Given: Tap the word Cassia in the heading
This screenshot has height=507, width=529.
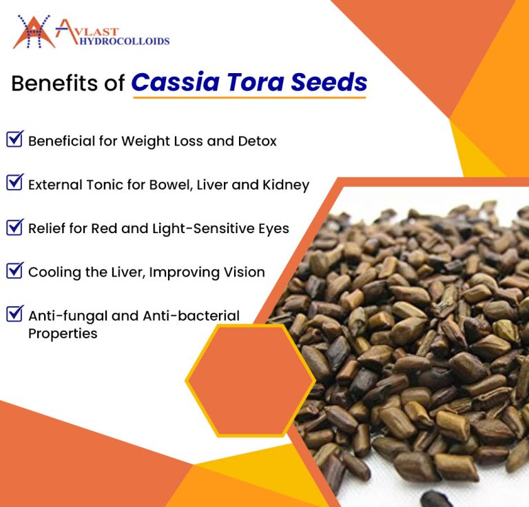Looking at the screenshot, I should click(173, 82).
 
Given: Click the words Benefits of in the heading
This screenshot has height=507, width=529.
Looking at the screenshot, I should click(68, 83).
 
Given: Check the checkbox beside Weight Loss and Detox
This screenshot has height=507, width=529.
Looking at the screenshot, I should click(14, 139).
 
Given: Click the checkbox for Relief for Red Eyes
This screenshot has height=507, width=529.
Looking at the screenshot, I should click(14, 227).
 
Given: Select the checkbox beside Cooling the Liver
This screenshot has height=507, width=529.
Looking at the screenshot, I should click(14, 270).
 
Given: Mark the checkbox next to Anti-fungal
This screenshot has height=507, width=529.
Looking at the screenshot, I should click(14, 314).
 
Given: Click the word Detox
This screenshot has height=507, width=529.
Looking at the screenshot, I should click(256, 141).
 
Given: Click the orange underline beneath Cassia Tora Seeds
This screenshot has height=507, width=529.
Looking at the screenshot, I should click(249, 97).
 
